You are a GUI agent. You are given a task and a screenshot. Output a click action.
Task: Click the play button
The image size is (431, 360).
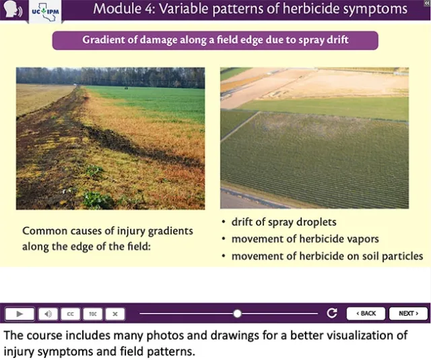coord(20,313)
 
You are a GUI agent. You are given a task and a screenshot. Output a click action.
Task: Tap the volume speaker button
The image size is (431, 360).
coord(47,313)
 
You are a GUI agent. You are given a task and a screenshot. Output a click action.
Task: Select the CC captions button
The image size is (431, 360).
coord(70,313)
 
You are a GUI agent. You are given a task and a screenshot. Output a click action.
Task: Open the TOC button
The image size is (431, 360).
coord(93,313)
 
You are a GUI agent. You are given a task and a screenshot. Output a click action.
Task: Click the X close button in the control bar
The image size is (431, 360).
coord(115,313)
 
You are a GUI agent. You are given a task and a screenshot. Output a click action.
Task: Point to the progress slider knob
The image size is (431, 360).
coord(237,313)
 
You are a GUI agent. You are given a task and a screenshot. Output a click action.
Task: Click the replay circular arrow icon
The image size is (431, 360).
coord(331,313)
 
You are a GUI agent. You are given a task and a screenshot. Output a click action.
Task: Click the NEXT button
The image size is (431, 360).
coord(408,313)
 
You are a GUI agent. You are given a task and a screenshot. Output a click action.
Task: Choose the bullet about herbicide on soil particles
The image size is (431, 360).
coord(327,256)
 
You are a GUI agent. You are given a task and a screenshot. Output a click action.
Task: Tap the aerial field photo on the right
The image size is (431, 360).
coord(314,138)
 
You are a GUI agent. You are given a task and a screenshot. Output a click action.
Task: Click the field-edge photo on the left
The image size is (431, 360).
coord(110,138)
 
